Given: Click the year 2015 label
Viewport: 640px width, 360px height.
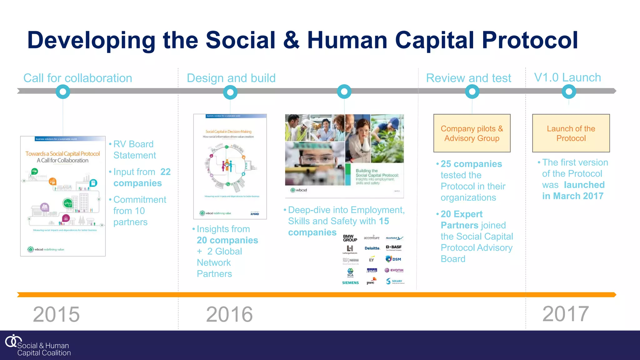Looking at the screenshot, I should click(x=56, y=314).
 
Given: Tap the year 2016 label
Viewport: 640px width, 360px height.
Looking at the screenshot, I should click(x=229, y=314).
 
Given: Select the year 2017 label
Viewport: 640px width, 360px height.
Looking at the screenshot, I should click(x=566, y=313).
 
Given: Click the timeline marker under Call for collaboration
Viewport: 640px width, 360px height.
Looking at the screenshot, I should click(x=63, y=92).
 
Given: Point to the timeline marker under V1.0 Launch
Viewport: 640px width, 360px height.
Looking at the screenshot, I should click(x=569, y=92).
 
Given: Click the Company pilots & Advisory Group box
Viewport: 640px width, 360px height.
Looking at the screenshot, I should click(x=472, y=133).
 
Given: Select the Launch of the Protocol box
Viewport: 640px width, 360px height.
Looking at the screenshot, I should click(x=571, y=133).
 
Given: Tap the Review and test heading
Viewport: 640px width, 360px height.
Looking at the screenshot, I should click(x=468, y=78).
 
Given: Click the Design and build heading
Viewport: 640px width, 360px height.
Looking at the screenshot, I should click(x=231, y=78).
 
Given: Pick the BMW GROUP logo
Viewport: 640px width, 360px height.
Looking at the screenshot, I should click(x=350, y=238).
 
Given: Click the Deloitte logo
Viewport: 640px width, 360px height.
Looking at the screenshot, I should click(x=372, y=248).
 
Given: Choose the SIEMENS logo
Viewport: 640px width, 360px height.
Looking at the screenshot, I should click(x=350, y=282).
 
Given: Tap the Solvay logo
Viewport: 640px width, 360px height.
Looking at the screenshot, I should click(x=395, y=281).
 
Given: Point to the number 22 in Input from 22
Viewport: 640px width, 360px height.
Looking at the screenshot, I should click(x=165, y=172).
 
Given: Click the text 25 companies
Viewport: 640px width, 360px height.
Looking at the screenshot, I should click(x=471, y=164).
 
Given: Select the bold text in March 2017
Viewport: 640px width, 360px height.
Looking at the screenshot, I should click(x=572, y=196).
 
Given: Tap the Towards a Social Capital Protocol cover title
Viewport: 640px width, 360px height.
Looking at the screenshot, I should click(x=62, y=154).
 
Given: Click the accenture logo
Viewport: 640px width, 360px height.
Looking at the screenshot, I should click(x=372, y=238).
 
